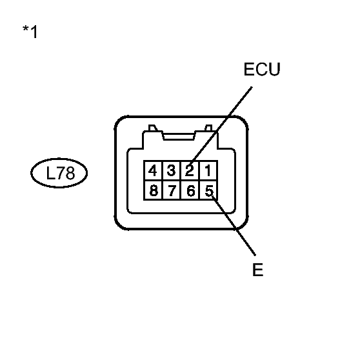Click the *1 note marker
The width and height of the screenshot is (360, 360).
(x=30, y=32)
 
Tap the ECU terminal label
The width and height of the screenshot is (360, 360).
(x=262, y=70)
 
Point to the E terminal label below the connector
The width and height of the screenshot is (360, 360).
(x=258, y=270)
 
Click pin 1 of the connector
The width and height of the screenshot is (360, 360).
(x=208, y=171)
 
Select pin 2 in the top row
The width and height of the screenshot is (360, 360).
(x=190, y=171)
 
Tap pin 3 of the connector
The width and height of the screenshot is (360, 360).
(x=171, y=171)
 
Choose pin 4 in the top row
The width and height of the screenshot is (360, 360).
(x=153, y=171)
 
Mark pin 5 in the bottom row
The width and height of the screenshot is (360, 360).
(x=208, y=190)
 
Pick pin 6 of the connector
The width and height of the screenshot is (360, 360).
(x=190, y=190)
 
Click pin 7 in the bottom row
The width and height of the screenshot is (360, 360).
(x=171, y=190)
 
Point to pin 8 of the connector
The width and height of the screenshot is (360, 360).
(x=153, y=190)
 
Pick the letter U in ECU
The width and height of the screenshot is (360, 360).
(x=274, y=70)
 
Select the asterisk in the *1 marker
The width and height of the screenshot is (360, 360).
(x=25, y=30)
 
